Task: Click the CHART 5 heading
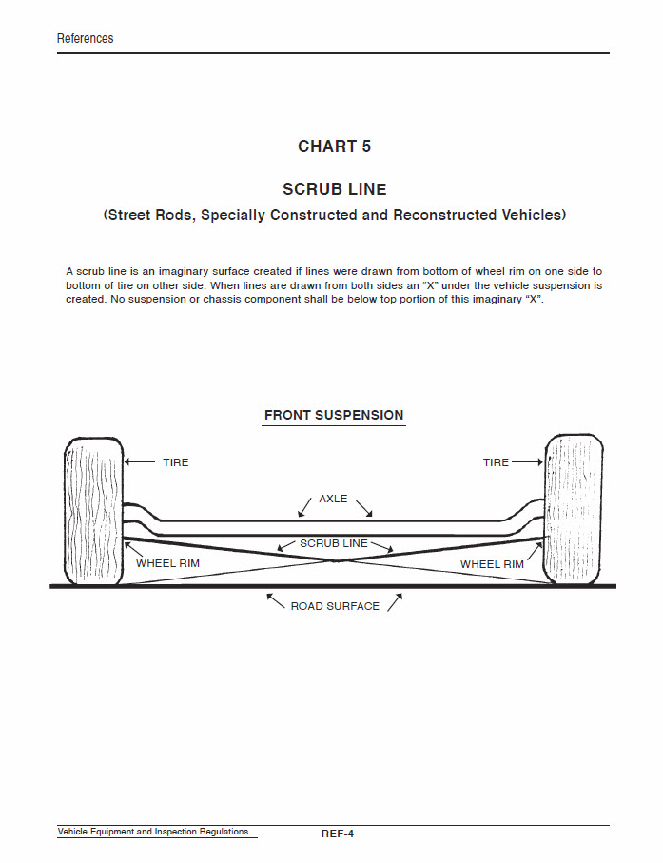pyautogui.click(x=334, y=147)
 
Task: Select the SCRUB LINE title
pyautogui.click(x=334, y=189)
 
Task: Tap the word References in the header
pyautogui.click(x=85, y=39)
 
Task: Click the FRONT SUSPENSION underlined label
pyautogui.click(x=334, y=416)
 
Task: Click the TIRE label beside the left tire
pyautogui.click(x=176, y=462)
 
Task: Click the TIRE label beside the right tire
pyautogui.click(x=496, y=462)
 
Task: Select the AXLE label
pyautogui.click(x=333, y=499)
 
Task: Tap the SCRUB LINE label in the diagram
pyautogui.click(x=333, y=543)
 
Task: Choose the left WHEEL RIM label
pyautogui.click(x=167, y=564)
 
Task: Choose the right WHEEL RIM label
pyautogui.click(x=492, y=564)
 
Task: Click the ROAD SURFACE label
pyautogui.click(x=335, y=606)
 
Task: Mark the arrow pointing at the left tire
pyautogui.click(x=140, y=462)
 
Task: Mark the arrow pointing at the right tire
pyautogui.click(x=527, y=462)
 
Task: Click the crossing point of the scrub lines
pyautogui.click(x=336, y=560)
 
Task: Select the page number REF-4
pyautogui.click(x=338, y=834)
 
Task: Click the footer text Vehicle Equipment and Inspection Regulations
pyautogui.click(x=153, y=832)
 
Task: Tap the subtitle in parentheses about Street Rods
pyautogui.click(x=334, y=215)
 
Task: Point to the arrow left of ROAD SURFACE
pyautogui.click(x=275, y=601)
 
